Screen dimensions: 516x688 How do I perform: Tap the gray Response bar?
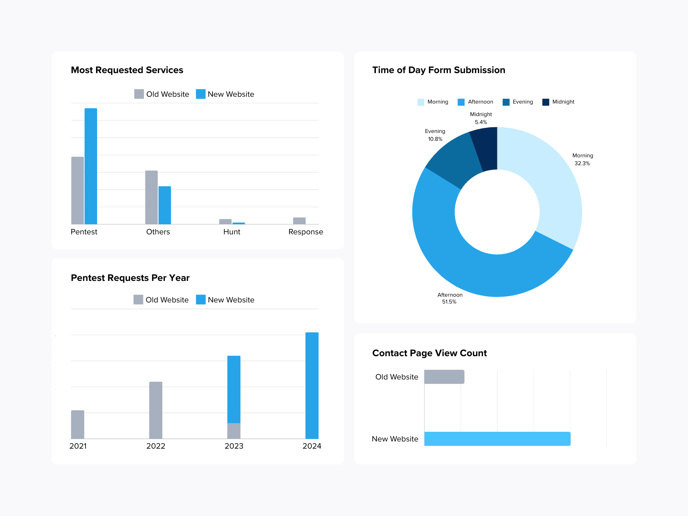pyautogui.click(x=299, y=221)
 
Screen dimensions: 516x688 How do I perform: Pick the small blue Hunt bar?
pyautogui.click(x=239, y=223)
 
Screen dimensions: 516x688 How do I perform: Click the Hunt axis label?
pyautogui.click(x=231, y=232)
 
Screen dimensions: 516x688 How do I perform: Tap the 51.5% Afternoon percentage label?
pyautogui.click(x=449, y=302)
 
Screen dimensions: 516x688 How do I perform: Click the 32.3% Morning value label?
pyautogui.click(x=582, y=163)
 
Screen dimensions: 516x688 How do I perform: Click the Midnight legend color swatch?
pyautogui.click(x=546, y=102)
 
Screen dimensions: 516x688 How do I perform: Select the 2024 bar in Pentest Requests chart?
pyautogui.click(x=312, y=385)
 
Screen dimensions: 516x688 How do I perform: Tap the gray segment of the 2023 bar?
pyautogui.click(x=234, y=431)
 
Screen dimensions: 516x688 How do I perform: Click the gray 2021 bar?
pyautogui.click(x=77, y=425)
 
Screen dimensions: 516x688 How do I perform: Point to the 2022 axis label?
pyautogui.click(x=156, y=446)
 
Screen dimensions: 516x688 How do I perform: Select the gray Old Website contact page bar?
pyautogui.click(x=444, y=377)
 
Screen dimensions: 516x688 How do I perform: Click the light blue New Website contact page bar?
pyautogui.click(x=497, y=439)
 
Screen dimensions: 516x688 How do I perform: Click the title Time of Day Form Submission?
pyautogui.click(x=439, y=70)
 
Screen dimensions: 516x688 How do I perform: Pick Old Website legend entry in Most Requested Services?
pyautogui.click(x=162, y=94)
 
